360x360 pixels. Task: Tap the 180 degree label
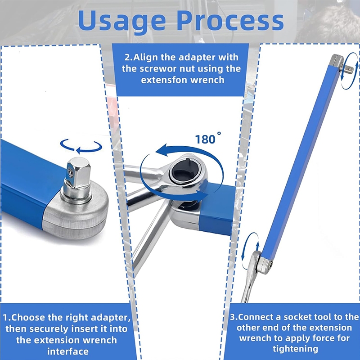click(208, 139)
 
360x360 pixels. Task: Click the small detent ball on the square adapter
click(72, 172)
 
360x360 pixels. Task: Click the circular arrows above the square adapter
click(81, 146)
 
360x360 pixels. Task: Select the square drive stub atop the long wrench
click(348, 68)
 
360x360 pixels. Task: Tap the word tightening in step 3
click(295, 349)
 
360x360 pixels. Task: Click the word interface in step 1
click(68, 352)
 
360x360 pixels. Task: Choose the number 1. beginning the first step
click(6, 318)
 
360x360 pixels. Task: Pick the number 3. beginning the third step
click(234, 317)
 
